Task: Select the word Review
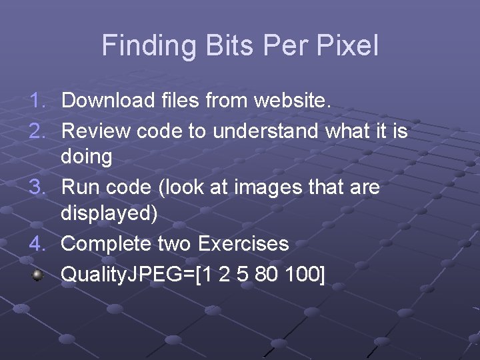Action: tap(96, 131)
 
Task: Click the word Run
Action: tap(79, 187)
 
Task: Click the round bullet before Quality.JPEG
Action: tap(38, 273)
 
